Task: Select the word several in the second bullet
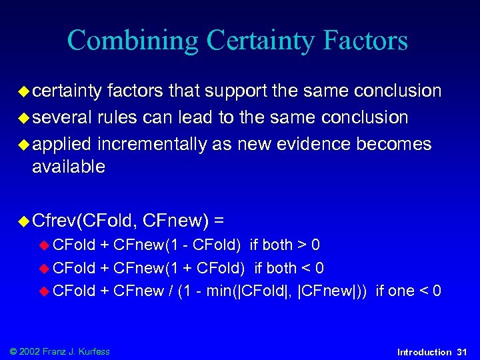coord(61,118)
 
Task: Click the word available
coord(68,167)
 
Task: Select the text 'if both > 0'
coord(285,244)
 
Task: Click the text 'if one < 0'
coord(409,290)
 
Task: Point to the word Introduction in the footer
coord(424,351)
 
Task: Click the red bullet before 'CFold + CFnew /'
coord(45,290)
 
